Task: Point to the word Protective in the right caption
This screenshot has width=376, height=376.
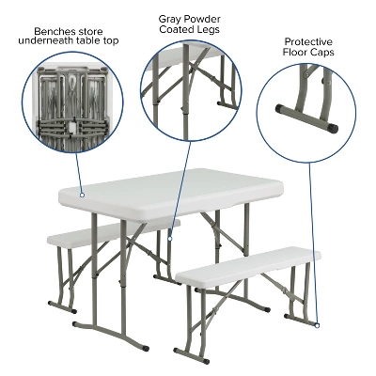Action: click(310, 41)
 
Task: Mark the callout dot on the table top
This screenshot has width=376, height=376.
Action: click(83, 196)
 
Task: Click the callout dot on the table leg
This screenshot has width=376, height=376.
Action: click(169, 239)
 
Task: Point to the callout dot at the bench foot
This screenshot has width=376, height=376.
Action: click(318, 325)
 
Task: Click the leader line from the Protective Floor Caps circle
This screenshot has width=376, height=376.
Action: click(314, 244)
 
